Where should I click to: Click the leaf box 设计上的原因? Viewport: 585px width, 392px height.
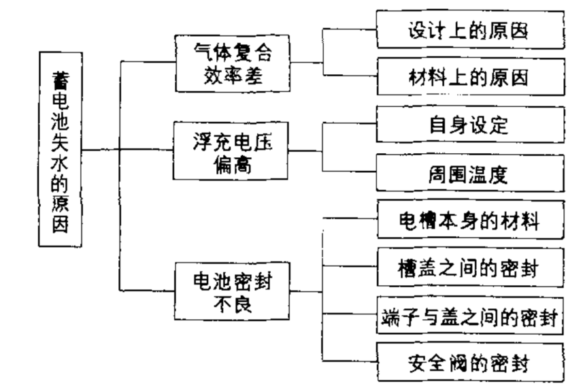[470, 31]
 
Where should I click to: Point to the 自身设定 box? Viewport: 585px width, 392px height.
[470, 125]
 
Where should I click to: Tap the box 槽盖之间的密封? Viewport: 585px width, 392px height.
[470, 267]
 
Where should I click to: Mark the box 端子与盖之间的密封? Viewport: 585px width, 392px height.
[470, 316]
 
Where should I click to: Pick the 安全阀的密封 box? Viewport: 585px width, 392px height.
[470, 362]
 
